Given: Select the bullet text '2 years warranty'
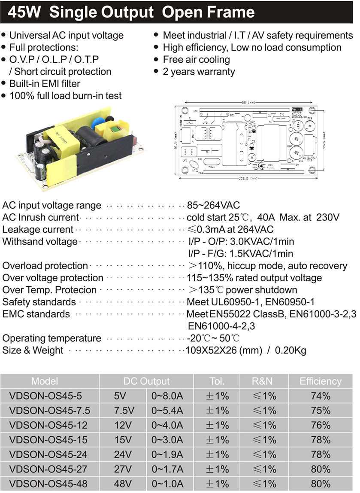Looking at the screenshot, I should [x=199, y=72].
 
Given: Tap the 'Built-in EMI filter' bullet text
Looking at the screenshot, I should [x=45, y=84].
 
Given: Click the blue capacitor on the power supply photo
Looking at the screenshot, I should [x=93, y=120].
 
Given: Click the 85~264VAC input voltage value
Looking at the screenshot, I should [x=213, y=205].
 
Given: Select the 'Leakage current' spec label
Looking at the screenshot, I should [x=38, y=229].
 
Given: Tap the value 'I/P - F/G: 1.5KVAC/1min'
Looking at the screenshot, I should [x=240, y=253].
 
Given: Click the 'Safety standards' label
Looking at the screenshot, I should [x=39, y=302].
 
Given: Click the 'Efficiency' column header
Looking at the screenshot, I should [x=321, y=381].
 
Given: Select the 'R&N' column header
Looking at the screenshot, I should [x=262, y=381].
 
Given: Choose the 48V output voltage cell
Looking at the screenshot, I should [x=122, y=484].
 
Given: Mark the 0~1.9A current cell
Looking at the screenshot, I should [x=167, y=455].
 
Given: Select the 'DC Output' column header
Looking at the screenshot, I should [x=146, y=381].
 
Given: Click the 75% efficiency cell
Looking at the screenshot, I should [x=321, y=411].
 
